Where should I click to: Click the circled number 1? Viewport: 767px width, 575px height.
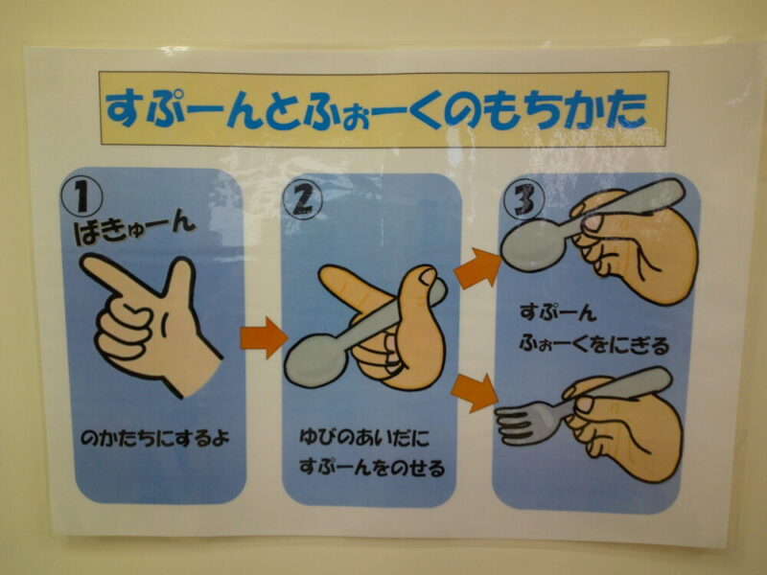click(x=81, y=196)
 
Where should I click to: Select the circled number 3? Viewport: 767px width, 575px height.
click(x=524, y=199)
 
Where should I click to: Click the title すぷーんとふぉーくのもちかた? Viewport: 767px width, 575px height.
click(x=376, y=109)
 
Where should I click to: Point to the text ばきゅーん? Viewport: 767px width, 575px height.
click(x=134, y=228)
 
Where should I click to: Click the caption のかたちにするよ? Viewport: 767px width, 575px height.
click(x=155, y=438)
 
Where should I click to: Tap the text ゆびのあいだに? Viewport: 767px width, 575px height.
click(x=364, y=437)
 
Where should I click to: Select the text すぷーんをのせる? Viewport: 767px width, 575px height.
click(x=372, y=468)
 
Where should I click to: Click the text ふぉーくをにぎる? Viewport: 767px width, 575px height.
click(x=593, y=344)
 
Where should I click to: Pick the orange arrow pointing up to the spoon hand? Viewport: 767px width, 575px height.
click(x=476, y=267)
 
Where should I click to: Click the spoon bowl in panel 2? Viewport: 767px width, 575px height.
click(x=314, y=358)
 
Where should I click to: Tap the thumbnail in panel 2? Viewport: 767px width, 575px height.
click(x=429, y=275)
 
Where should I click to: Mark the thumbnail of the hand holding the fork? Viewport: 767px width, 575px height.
click(x=585, y=404)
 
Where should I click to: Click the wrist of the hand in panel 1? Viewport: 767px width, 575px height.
click(x=198, y=374)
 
